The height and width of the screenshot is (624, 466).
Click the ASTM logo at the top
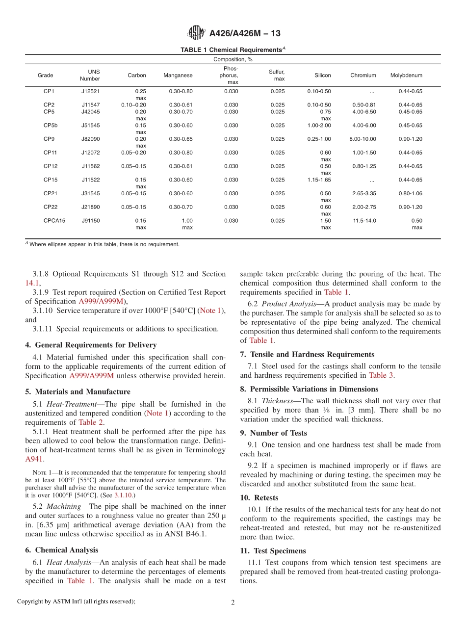pos(196,33)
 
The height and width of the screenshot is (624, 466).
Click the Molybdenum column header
pos(406,76)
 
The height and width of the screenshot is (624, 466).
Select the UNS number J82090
pos(90,139)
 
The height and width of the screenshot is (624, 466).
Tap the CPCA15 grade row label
pos(54,221)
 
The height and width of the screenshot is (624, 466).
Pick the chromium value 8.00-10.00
pos(363,139)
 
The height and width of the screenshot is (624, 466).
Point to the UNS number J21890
pos(90,207)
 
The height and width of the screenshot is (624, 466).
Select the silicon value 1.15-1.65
pos(319,180)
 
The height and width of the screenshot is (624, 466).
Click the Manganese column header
pos(178,76)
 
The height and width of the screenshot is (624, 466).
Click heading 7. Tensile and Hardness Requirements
pos(307,354)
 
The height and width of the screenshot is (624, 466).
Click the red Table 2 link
pos(91,422)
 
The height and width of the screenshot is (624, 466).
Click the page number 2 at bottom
pos(233,602)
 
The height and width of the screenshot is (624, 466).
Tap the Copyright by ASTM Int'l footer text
pos(76,601)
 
